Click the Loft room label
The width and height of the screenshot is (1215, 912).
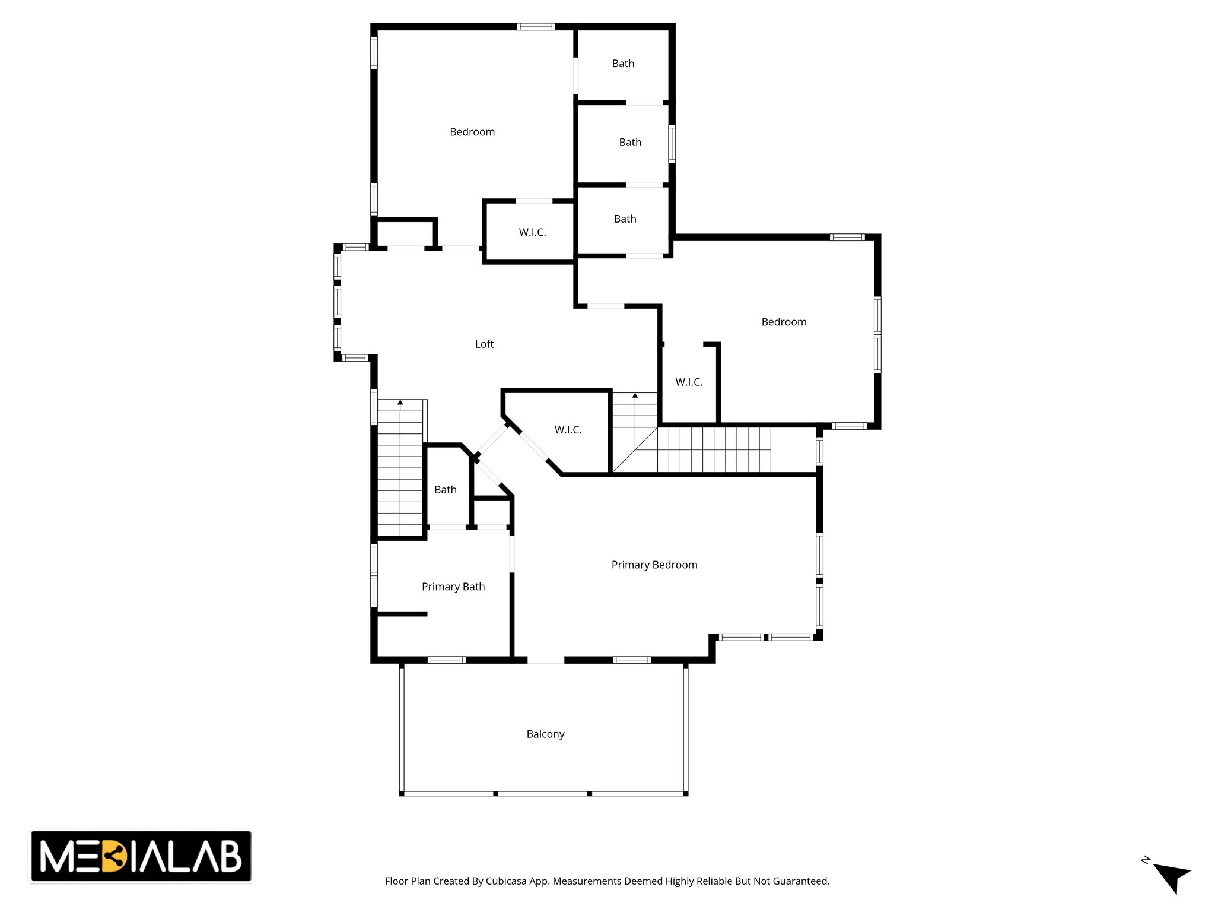(484, 344)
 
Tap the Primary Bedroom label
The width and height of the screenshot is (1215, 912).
(654, 565)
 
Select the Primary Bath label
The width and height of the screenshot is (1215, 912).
(453, 587)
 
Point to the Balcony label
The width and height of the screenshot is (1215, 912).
(545, 734)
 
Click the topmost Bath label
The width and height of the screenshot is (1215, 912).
(623, 64)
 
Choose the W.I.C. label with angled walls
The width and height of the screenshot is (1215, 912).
(568, 430)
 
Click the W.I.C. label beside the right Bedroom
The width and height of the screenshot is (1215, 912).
(689, 382)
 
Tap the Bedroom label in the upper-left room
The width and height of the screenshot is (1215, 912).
(472, 132)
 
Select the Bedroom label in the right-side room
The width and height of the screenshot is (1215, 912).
(784, 322)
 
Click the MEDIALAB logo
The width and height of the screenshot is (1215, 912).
(141, 856)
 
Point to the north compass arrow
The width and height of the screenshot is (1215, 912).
(1171, 876)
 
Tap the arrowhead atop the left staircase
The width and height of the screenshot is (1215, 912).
(400, 403)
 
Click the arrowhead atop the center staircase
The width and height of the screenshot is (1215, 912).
(635, 395)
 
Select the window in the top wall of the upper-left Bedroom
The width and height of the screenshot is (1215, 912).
(536, 27)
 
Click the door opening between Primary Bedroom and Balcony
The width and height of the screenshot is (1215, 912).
(546, 660)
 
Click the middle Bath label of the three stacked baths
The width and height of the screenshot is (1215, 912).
(630, 142)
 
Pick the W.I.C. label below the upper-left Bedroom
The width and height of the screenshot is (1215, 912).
(532, 233)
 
